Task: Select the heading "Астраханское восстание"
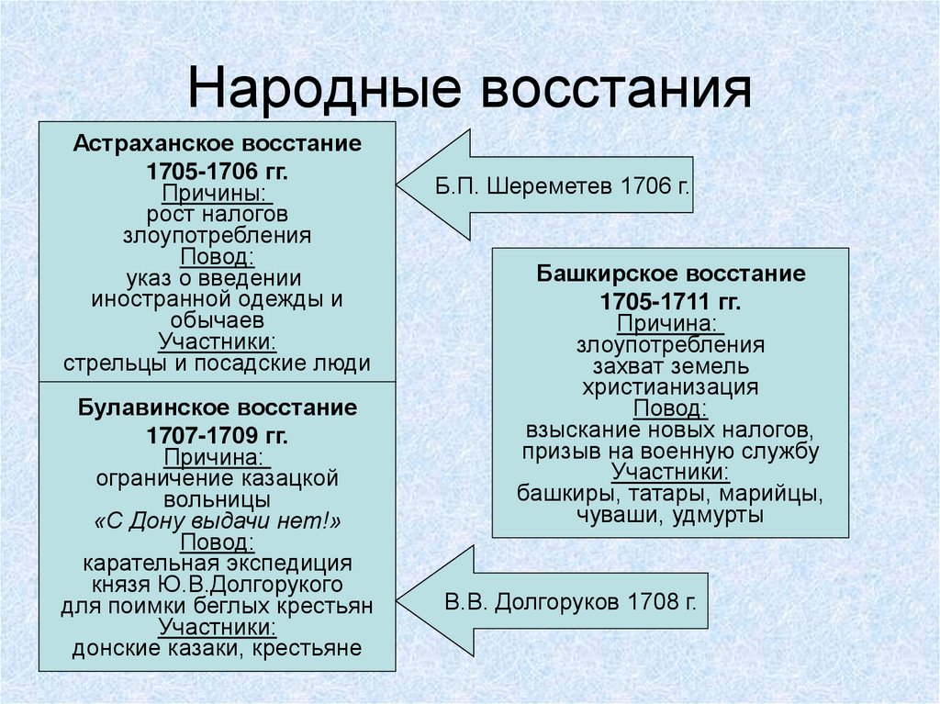pos(218,144)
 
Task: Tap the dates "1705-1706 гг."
pos(218,172)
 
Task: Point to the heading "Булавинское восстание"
pos(218,407)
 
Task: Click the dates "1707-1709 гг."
pos(218,433)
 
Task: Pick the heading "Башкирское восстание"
pos(671,274)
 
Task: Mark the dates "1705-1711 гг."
pos(671,301)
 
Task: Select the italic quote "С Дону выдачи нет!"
pos(218,520)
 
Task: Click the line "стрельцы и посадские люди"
pos(218,363)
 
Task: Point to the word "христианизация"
pos(671,386)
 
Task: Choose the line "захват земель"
pos(671,365)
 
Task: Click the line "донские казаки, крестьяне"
pos(218,648)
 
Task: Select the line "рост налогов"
pos(218,214)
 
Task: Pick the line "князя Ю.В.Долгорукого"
pos(218,584)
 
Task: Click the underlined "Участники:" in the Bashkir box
pos(671,472)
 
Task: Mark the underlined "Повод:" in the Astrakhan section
pos(218,256)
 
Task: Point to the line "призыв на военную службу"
pos(671,451)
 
